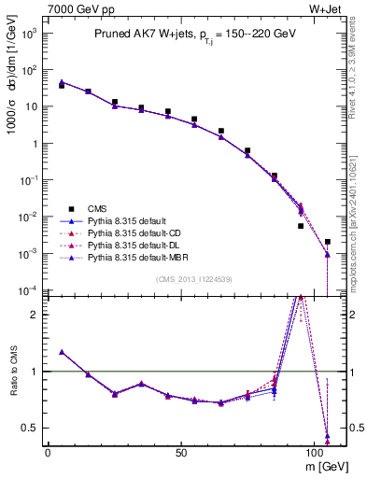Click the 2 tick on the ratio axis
coord(35,315)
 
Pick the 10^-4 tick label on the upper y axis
coord(29,289)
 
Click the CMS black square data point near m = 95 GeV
coord(301,226)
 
